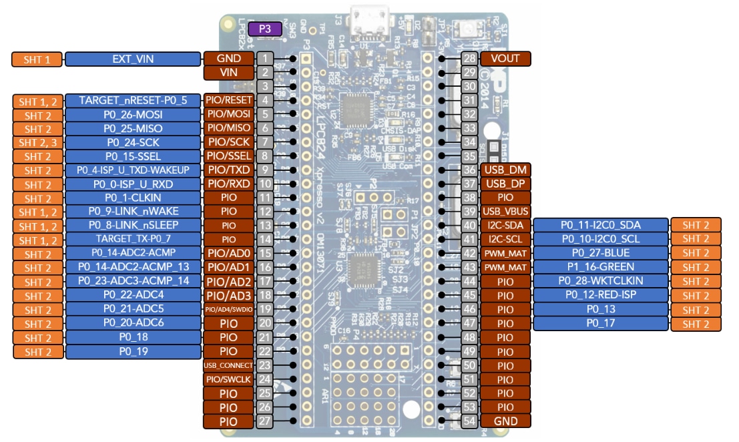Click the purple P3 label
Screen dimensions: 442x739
pos(264,29)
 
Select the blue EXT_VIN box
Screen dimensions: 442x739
pos(133,59)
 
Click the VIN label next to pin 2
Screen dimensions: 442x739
pos(228,72)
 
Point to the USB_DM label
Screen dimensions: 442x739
pos(505,170)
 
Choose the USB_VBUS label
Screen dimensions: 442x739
pos(505,212)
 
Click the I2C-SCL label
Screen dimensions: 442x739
pos(505,239)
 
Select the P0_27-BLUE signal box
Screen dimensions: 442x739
pos(600,253)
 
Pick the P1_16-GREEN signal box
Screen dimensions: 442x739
pos(600,267)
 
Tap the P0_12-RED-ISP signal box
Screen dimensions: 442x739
pos(600,295)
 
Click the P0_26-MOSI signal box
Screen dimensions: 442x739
pos(133,114)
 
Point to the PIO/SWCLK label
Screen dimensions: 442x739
pos(228,379)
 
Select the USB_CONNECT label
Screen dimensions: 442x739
pos(228,365)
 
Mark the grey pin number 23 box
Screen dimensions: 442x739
pos(265,365)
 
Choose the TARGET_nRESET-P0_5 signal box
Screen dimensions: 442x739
pos(133,100)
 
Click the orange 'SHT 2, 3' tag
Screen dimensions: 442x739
pos(37,142)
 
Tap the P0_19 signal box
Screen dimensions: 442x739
pos(133,351)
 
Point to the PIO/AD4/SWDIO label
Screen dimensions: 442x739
pos(228,309)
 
